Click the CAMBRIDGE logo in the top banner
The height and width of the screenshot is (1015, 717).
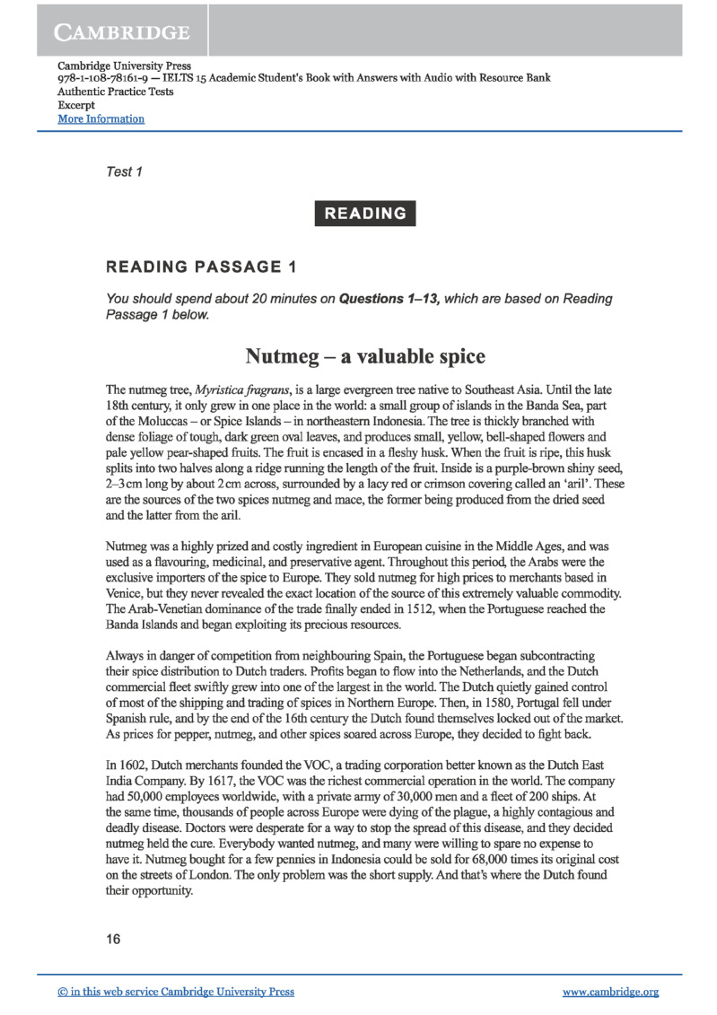pyautogui.click(x=123, y=33)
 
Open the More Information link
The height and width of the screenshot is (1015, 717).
pyautogui.click(x=101, y=118)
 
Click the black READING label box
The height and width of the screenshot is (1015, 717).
pyautogui.click(x=365, y=214)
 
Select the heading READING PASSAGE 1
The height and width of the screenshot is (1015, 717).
pyautogui.click(x=201, y=267)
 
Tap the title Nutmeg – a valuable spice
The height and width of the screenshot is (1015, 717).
pyautogui.click(x=365, y=356)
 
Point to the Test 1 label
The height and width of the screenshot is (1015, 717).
pyautogui.click(x=124, y=171)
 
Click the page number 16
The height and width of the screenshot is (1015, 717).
pyautogui.click(x=113, y=939)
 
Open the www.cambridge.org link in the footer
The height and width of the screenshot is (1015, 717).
pyautogui.click(x=610, y=992)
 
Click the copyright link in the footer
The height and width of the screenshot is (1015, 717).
pyautogui.click(x=175, y=992)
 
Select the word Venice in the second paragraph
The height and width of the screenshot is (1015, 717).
pyautogui.click(x=127, y=591)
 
